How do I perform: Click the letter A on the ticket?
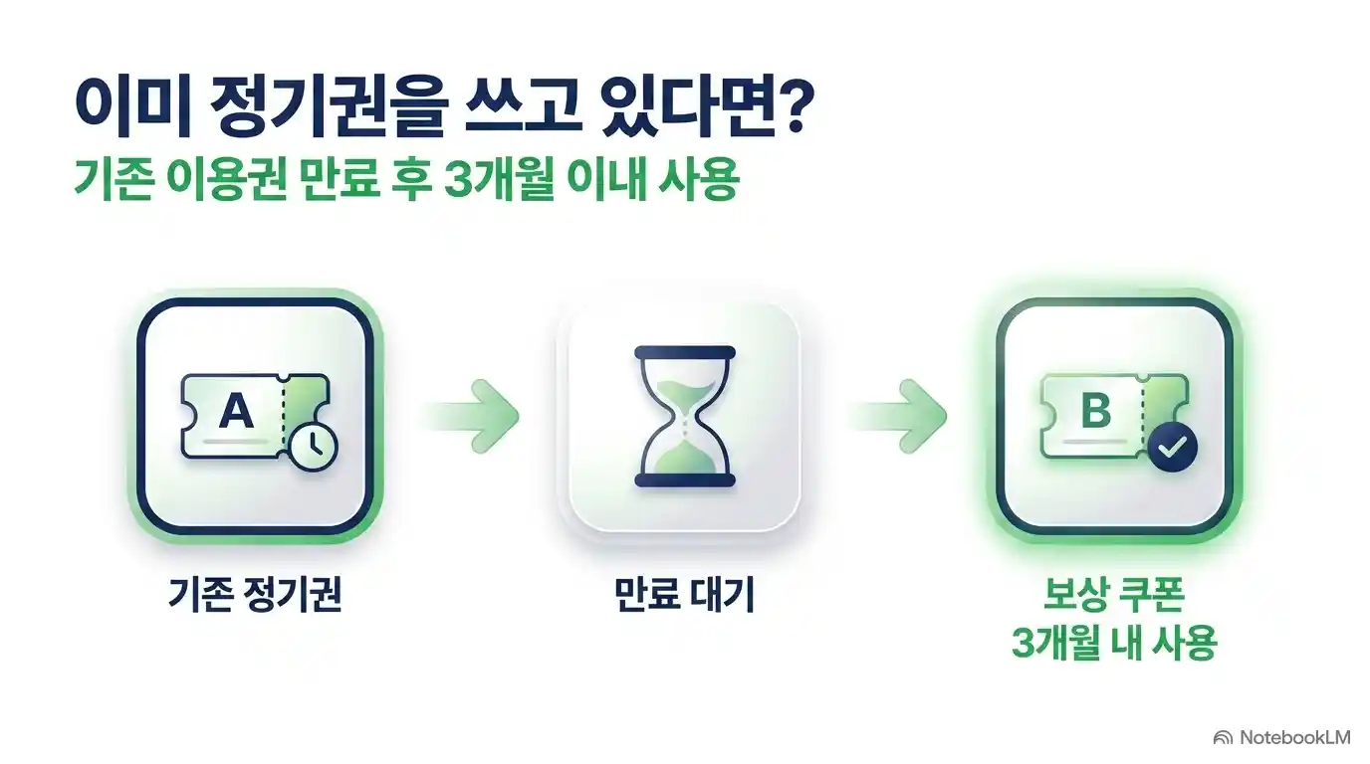[x=236, y=411]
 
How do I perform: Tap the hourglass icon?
[x=685, y=416]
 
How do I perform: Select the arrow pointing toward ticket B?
[x=897, y=416]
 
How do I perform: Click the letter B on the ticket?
[x=1096, y=411]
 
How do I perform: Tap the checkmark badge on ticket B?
[x=1173, y=447]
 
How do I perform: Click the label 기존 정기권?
[x=255, y=594]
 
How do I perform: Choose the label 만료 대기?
[x=684, y=594]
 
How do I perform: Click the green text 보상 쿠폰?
[x=1114, y=594]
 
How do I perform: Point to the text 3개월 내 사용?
[x=1114, y=643]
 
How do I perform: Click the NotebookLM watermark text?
[x=1294, y=738]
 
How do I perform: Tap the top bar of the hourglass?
[x=685, y=353]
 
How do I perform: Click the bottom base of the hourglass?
[x=685, y=480]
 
